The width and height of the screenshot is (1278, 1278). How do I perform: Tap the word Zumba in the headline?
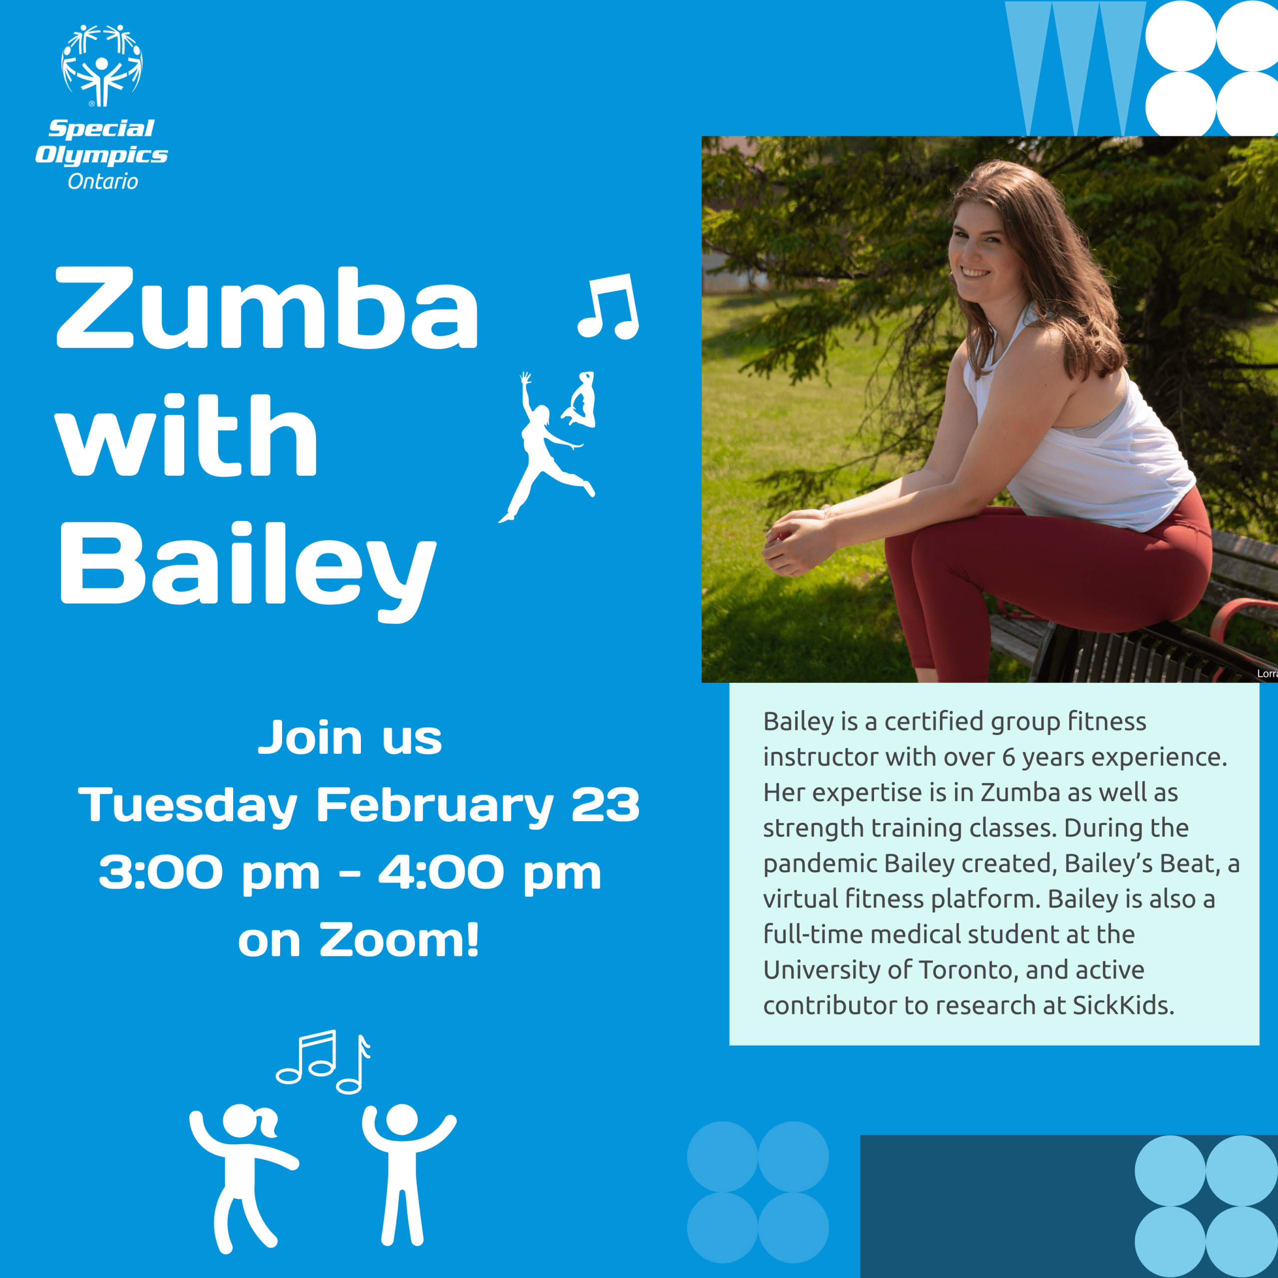(267, 308)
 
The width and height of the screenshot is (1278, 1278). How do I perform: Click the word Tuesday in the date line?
(188, 806)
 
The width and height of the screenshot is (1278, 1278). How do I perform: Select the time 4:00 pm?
(490, 873)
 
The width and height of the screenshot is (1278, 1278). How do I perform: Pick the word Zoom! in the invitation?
(399, 940)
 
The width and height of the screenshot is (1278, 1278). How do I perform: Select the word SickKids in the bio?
(1123, 1006)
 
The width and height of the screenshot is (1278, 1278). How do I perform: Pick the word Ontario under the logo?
(103, 181)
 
